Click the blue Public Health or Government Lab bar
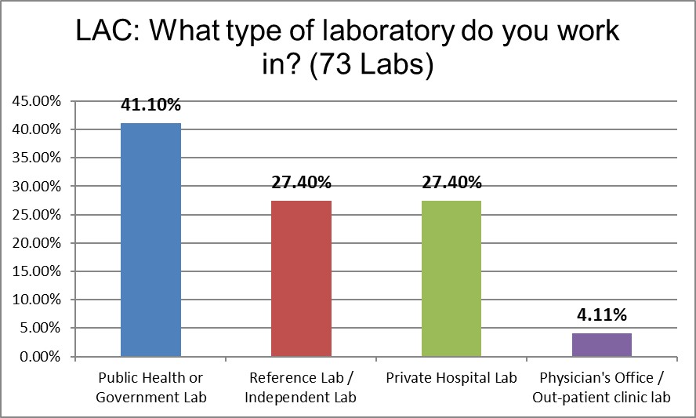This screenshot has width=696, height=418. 150,239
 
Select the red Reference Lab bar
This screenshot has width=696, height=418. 301,278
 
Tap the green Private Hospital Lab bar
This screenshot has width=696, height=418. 451,278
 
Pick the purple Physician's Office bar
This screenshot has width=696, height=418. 602,345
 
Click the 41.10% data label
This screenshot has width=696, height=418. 150,105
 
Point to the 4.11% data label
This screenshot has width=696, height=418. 602,316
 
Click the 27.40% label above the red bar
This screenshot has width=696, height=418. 301,183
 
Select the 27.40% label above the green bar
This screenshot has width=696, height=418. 451,183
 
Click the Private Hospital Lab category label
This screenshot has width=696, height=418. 451,378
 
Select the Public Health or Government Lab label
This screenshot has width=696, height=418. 150,387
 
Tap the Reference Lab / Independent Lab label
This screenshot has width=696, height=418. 301,387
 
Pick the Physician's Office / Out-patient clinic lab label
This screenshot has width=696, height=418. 602,387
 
